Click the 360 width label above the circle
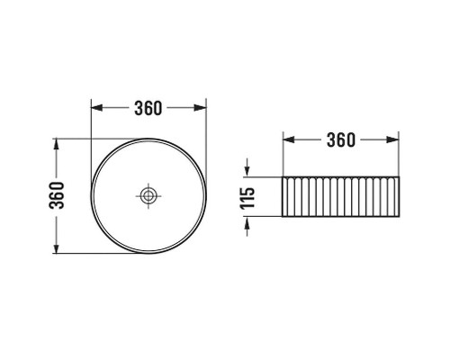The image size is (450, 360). [x=148, y=108]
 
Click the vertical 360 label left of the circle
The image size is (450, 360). [x=57, y=195]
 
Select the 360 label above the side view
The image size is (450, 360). [x=341, y=139]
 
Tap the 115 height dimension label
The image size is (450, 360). [x=247, y=198]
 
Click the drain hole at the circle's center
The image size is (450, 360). [x=148, y=196]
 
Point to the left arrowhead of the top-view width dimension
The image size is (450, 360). [x=96, y=108]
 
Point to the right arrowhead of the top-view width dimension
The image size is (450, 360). [x=200, y=108]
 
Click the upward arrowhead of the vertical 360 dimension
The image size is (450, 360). [x=57, y=144]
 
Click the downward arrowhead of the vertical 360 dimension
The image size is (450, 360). [x=57, y=247]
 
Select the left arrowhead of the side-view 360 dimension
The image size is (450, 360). [x=289, y=139]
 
